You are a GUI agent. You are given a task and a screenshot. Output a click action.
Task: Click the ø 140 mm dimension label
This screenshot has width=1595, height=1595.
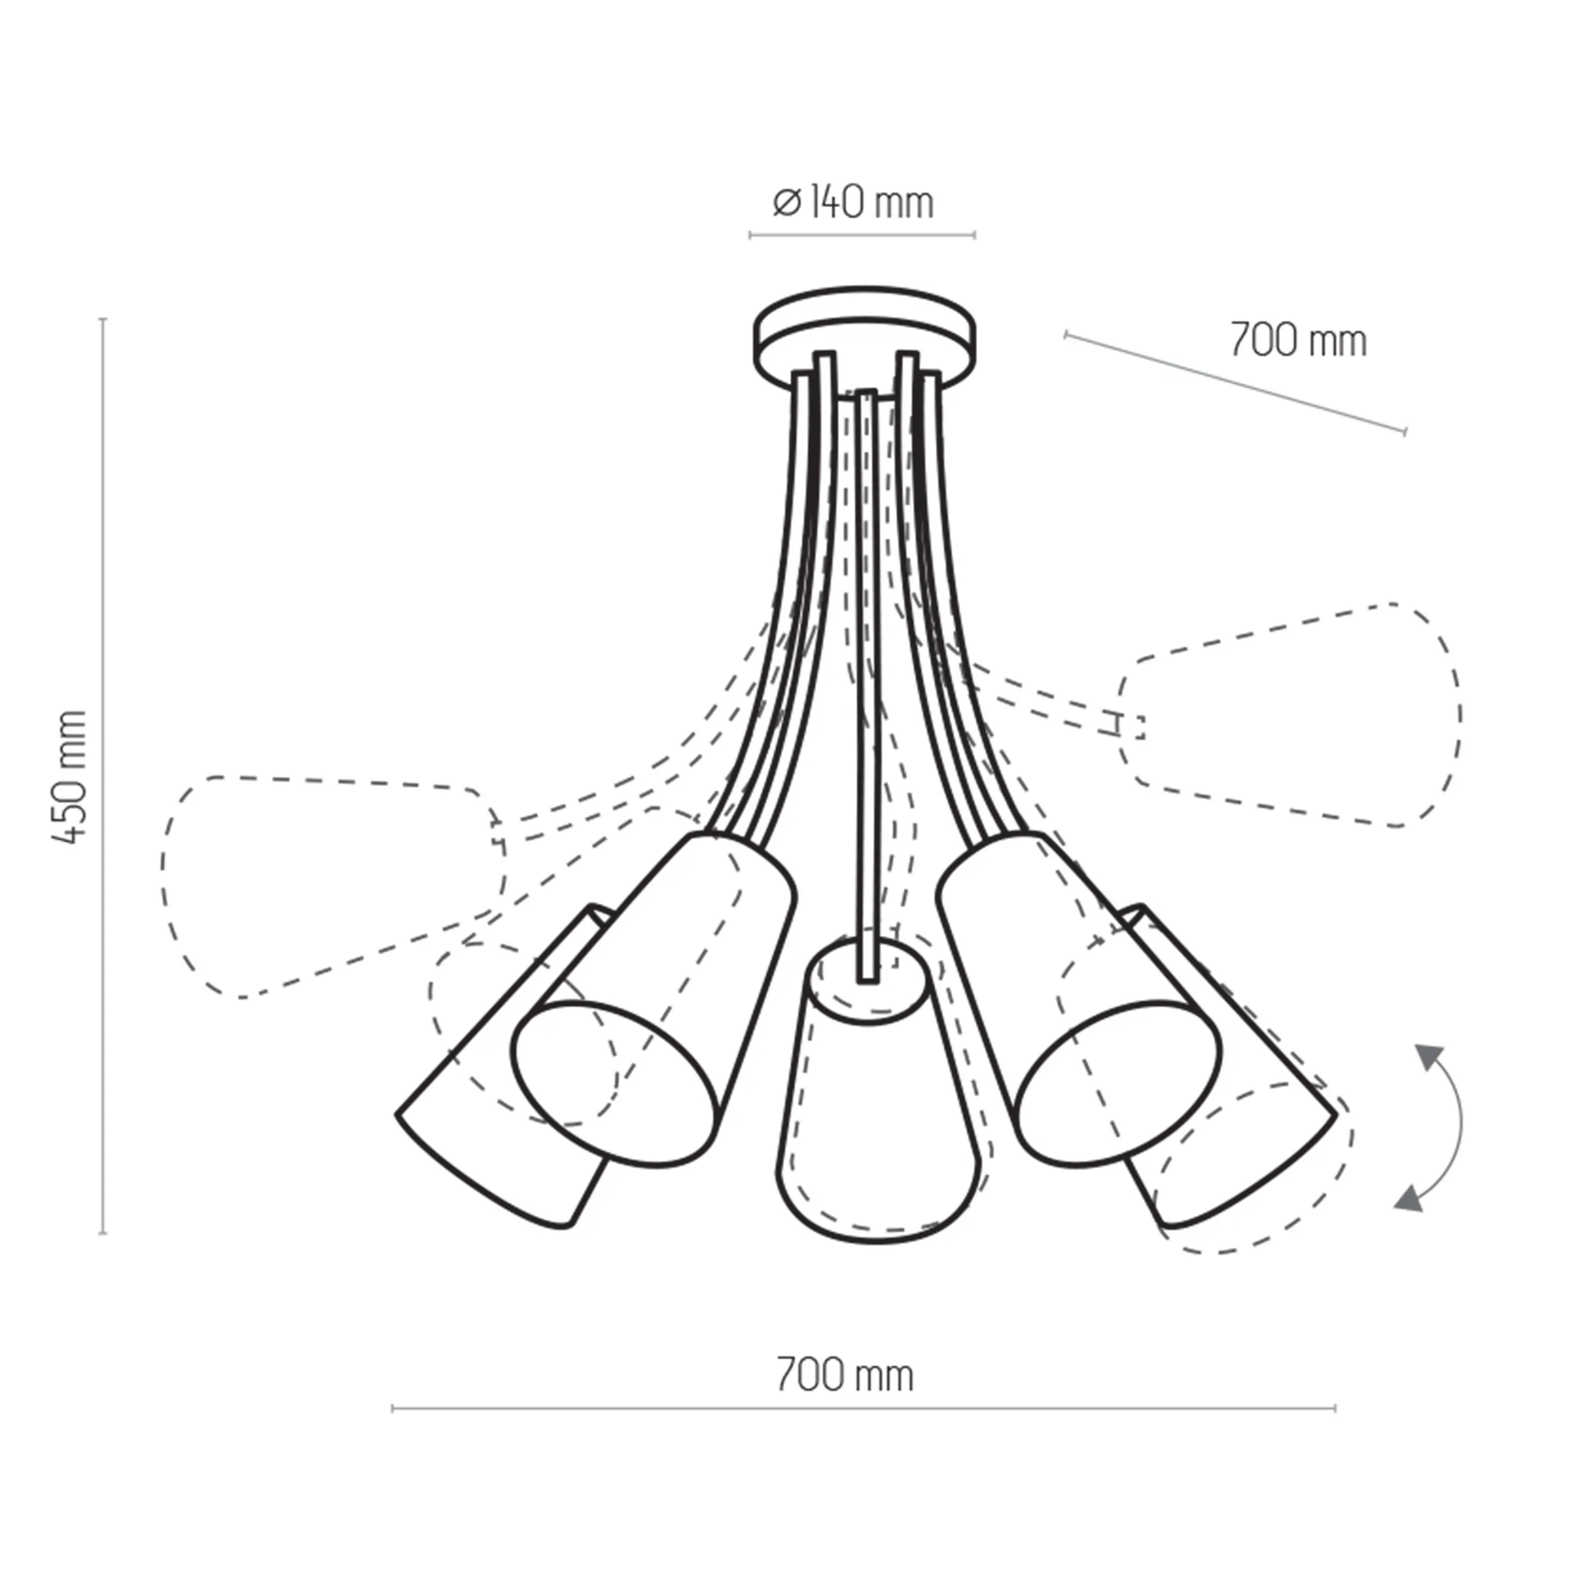click(x=853, y=202)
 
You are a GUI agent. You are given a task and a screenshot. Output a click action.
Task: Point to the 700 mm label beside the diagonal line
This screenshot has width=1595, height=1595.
click(x=1298, y=340)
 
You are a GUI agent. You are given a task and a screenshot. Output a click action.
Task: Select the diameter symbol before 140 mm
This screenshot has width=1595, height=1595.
click(x=787, y=202)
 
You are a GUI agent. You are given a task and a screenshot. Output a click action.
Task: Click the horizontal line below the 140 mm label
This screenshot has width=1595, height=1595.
click(x=862, y=235)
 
